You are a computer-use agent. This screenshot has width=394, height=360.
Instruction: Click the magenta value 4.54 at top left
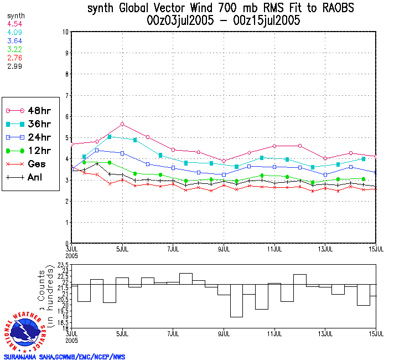coord(14,24)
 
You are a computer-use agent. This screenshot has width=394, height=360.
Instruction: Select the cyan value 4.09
coord(14,32)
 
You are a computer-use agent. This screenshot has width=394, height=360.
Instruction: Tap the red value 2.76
coord(14,57)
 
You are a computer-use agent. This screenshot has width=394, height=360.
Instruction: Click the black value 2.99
coord(14,65)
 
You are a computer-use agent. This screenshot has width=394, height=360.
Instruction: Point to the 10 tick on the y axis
coord(65,32)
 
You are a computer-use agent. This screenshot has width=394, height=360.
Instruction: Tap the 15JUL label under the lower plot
coord(376,334)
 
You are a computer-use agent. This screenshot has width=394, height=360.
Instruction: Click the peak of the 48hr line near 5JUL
coord(122,124)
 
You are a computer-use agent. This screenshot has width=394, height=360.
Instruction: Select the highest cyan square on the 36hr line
coord(110,136)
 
